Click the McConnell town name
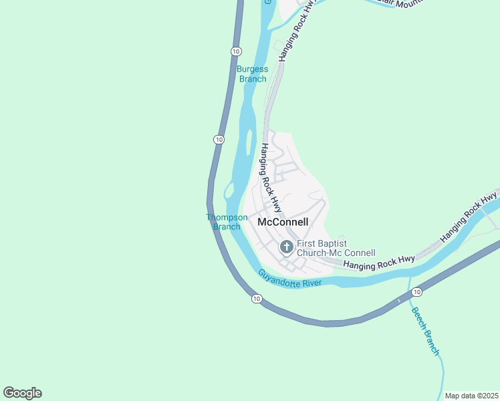tap(283, 222)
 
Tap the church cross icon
tap(286, 248)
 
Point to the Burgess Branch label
tap(253, 74)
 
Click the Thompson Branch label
tap(227, 222)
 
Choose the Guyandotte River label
tap(290, 279)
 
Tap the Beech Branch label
tap(425, 330)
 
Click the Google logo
tap(22, 393)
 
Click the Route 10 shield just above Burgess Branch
tap(236, 51)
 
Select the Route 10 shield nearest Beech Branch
tap(416, 292)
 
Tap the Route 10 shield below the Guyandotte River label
tap(257, 299)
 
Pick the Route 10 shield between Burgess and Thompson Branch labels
tap(219, 139)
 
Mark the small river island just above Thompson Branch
tap(229, 192)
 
